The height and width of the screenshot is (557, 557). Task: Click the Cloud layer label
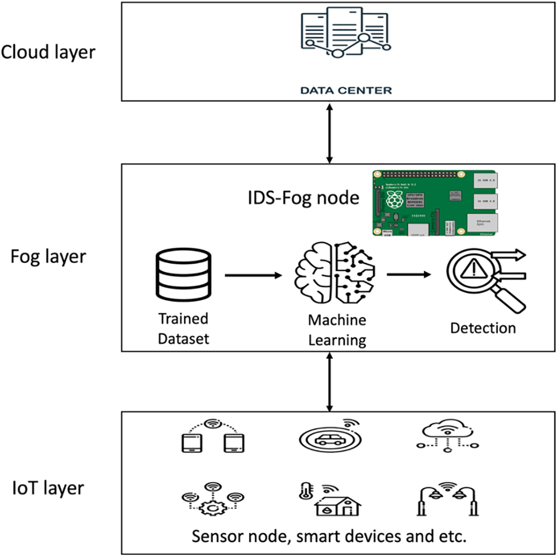pos(48,52)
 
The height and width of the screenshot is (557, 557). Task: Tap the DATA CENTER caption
pos(346,90)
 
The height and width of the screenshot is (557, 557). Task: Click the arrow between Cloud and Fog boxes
pos(329,133)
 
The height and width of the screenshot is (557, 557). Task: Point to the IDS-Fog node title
pos(303,198)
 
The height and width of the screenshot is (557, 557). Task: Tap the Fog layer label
pos(48,257)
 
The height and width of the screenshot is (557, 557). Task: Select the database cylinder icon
pos(184,275)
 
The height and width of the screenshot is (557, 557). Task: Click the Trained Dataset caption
pos(183,328)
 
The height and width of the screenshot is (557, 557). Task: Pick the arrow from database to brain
pos(253,275)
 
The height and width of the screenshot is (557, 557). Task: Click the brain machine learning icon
pos(334,272)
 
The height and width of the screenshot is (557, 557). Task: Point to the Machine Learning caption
pos(337,330)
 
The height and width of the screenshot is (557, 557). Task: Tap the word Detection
pos(483,328)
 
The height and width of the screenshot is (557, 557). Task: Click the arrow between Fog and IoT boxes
pos(329,381)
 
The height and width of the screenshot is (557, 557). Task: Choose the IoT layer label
pos(48,488)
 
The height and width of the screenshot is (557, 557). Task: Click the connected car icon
pos(329,436)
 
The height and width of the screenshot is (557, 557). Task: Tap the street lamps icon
pos(447,499)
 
